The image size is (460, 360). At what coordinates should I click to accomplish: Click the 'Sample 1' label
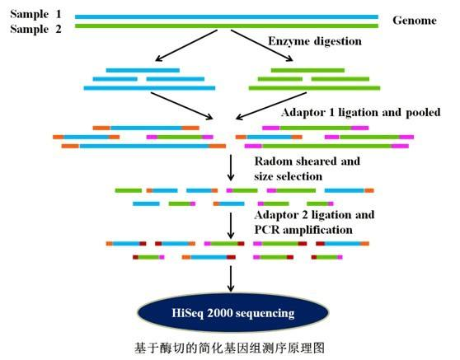(x=35, y=14)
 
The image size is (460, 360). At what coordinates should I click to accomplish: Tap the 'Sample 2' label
(x=35, y=29)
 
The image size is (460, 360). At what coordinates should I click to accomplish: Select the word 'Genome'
(x=415, y=21)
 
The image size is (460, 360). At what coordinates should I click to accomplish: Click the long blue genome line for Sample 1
(x=227, y=16)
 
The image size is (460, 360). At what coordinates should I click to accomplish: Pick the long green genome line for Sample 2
(x=227, y=26)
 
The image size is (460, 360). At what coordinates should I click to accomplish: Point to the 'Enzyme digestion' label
(x=315, y=41)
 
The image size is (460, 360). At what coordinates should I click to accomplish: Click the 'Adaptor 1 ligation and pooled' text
(x=361, y=112)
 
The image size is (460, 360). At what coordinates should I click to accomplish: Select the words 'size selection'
(x=288, y=176)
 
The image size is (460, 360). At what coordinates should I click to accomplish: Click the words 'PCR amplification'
(x=303, y=230)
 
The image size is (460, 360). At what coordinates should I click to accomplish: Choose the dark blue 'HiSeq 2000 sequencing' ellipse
(x=233, y=312)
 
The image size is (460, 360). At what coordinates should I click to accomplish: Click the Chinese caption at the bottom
(x=230, y=348)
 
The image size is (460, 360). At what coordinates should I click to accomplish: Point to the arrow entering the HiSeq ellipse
(x=231, y=278)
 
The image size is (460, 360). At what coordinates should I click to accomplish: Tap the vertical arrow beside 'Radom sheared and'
(x=231, y=168)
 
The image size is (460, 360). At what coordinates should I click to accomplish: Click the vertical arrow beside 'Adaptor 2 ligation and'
(x=231, y=226)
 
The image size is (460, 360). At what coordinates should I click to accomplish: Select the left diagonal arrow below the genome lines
(x=186, y=45)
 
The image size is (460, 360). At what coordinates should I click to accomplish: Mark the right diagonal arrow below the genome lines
(x=262, y=45)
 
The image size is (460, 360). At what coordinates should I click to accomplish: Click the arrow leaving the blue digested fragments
(x=182, y=105)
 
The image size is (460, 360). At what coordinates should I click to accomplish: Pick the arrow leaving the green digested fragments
(x=271, y=105)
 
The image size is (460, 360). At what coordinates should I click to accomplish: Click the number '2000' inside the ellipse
(x=219, y=313)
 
